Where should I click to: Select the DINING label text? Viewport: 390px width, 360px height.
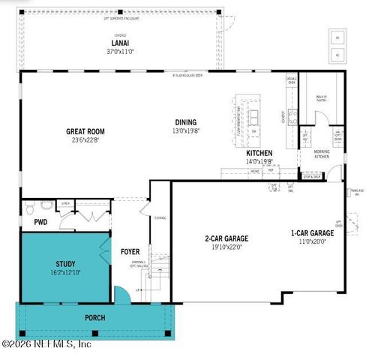pos(185,122)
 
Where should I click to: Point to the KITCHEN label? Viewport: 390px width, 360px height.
pos(259,153)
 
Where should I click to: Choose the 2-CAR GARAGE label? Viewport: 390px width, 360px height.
pos(226,238)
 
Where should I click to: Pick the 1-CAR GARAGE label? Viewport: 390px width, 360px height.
pos(312,233)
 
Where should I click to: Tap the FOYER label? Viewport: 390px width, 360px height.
pos(130,252)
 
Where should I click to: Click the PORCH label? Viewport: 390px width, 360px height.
pos(94,318)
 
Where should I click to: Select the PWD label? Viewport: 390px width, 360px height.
pos(40,223)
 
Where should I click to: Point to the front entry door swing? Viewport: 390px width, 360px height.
pos(121,294)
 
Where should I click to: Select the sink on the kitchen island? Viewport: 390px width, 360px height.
pos(253,116)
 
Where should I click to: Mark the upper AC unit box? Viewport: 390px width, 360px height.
pos(336,37)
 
